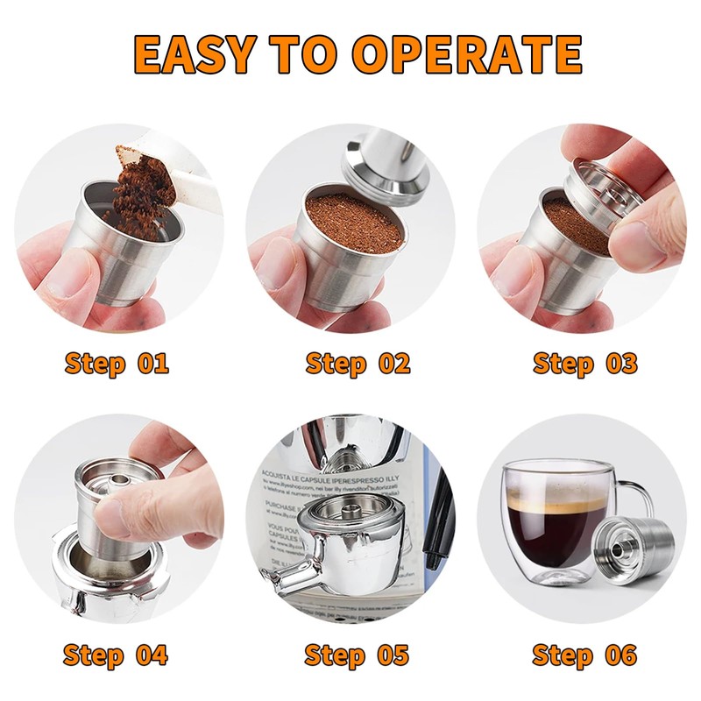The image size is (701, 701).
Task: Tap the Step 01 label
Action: [x=117, y=363]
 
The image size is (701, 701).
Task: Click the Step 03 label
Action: [x=584, y=363]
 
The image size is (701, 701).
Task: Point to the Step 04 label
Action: [x=117, y=655]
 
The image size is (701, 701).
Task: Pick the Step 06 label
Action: [x=584, y=655]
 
